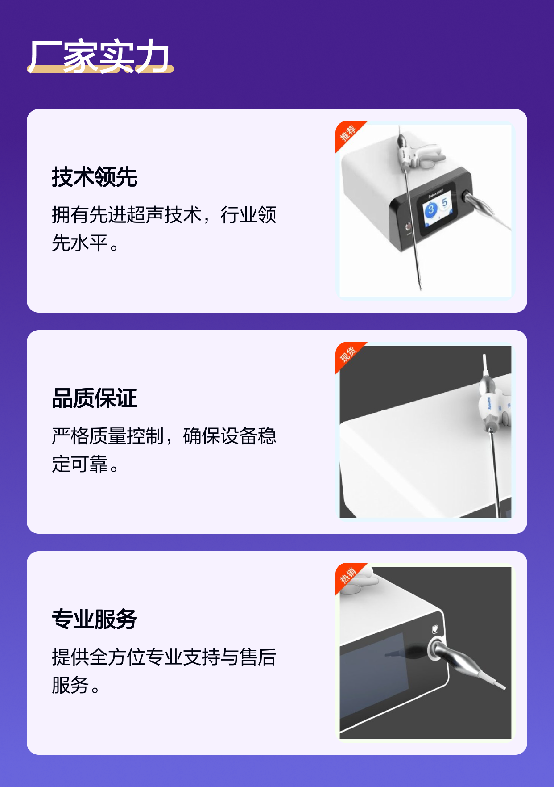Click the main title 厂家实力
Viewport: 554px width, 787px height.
point(99,56)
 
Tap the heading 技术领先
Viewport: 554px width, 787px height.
point(95,177)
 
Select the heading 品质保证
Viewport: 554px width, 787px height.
point(95,398)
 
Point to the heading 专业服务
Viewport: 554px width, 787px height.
point(95,619)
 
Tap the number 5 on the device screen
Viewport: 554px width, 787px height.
point(445,203)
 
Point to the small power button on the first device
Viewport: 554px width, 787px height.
point(408,227)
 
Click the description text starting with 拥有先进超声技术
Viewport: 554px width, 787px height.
point(164,229)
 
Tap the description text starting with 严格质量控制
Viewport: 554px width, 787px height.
point(164,450)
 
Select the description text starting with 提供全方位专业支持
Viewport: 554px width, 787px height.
point(164,671)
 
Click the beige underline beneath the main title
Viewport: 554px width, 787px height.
point(100,69)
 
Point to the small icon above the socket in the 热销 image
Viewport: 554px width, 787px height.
point(435,629)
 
